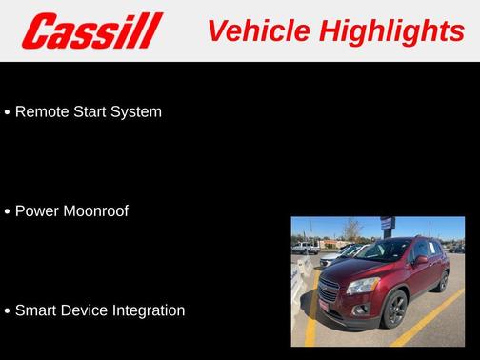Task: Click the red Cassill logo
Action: click(x=92, y=31)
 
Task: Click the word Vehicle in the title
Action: click(x=258, y=31)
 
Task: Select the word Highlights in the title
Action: click(x=391, y=31)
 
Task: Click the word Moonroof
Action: click(x=95, y=210)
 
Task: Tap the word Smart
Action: click(x=36, y=310)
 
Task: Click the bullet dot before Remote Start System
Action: click(x=8, y=112)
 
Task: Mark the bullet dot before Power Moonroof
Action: click(x=8, y=211)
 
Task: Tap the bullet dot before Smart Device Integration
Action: click(x=8, y=311)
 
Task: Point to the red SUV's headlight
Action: click(x=363, y=285)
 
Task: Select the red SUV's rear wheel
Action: click(x=443, y=280)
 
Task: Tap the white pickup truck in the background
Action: click(x=305, y=248)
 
